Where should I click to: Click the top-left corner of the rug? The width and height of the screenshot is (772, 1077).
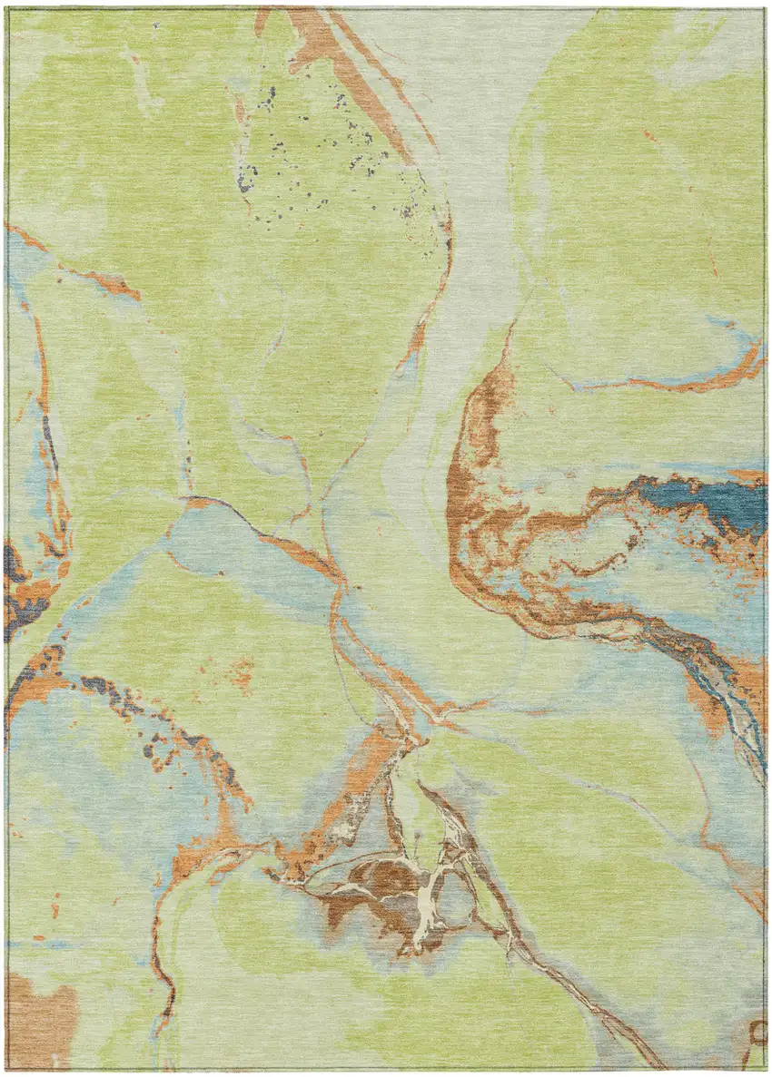point(8,8)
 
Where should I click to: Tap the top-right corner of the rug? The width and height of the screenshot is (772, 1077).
point(764,8)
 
